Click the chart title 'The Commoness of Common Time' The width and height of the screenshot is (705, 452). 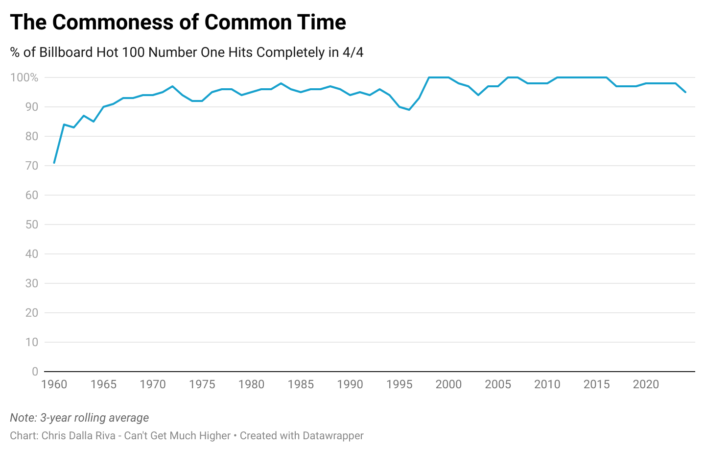178,23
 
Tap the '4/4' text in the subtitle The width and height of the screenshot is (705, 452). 352,52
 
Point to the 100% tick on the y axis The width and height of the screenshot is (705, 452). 24,77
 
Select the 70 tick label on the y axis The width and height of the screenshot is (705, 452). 31,166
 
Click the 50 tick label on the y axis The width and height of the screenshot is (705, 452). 31,225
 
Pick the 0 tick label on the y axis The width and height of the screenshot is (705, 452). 35,372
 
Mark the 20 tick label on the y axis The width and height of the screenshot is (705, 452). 31,313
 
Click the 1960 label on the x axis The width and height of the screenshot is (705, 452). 54,384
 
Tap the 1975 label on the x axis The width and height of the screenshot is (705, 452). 202,384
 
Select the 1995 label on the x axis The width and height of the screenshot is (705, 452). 399,384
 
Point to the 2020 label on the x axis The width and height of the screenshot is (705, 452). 646,384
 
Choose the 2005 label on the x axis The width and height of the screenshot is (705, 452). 498,384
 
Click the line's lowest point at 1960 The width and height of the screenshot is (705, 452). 54,162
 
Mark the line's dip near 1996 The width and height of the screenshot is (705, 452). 409,109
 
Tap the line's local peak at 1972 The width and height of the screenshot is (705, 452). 172,86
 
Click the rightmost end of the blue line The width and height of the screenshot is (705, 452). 685,92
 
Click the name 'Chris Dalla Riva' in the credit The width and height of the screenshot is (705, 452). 78,436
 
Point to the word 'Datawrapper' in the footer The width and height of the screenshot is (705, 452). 333,436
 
